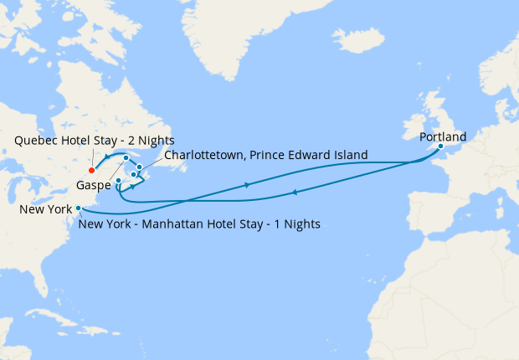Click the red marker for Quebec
91,170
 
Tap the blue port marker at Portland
440,147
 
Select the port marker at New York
79,208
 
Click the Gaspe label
93,184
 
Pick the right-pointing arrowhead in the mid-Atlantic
248,185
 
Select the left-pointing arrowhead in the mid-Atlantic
294,194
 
